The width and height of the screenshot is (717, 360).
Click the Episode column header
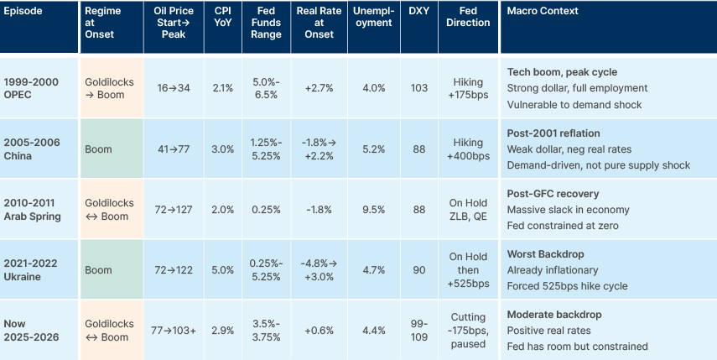pyautogui.click(x=22, y=12)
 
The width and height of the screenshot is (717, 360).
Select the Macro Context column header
pyautogui.click(x=543, y=12)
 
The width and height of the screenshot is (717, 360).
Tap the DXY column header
pyautogui.click(x=418, y=12)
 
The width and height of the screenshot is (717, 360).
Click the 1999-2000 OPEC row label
pyautogui.click(x=30, y=87)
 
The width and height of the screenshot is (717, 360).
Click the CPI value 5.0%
pyautogui.click(x=224, y=270)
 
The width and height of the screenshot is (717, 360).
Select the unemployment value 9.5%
pyautogui.click(x=374, y=210)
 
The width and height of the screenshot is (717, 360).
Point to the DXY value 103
pyautogui.click(x=418, y=87)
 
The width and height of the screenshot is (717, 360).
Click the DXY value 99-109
pyautogui.click(x=418, y=331)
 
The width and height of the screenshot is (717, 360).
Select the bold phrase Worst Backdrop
pyautogui.click(x=545, y=253)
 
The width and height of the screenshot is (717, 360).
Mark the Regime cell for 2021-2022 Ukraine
pyautogui.click(x=99, y=270)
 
